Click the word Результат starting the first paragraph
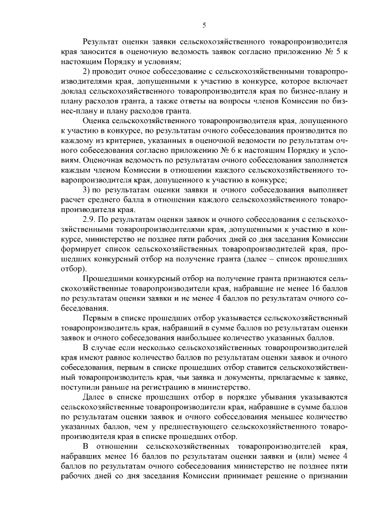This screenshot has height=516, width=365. tap(103, 42)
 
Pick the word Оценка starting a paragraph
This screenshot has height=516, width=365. tap(97, 123)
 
